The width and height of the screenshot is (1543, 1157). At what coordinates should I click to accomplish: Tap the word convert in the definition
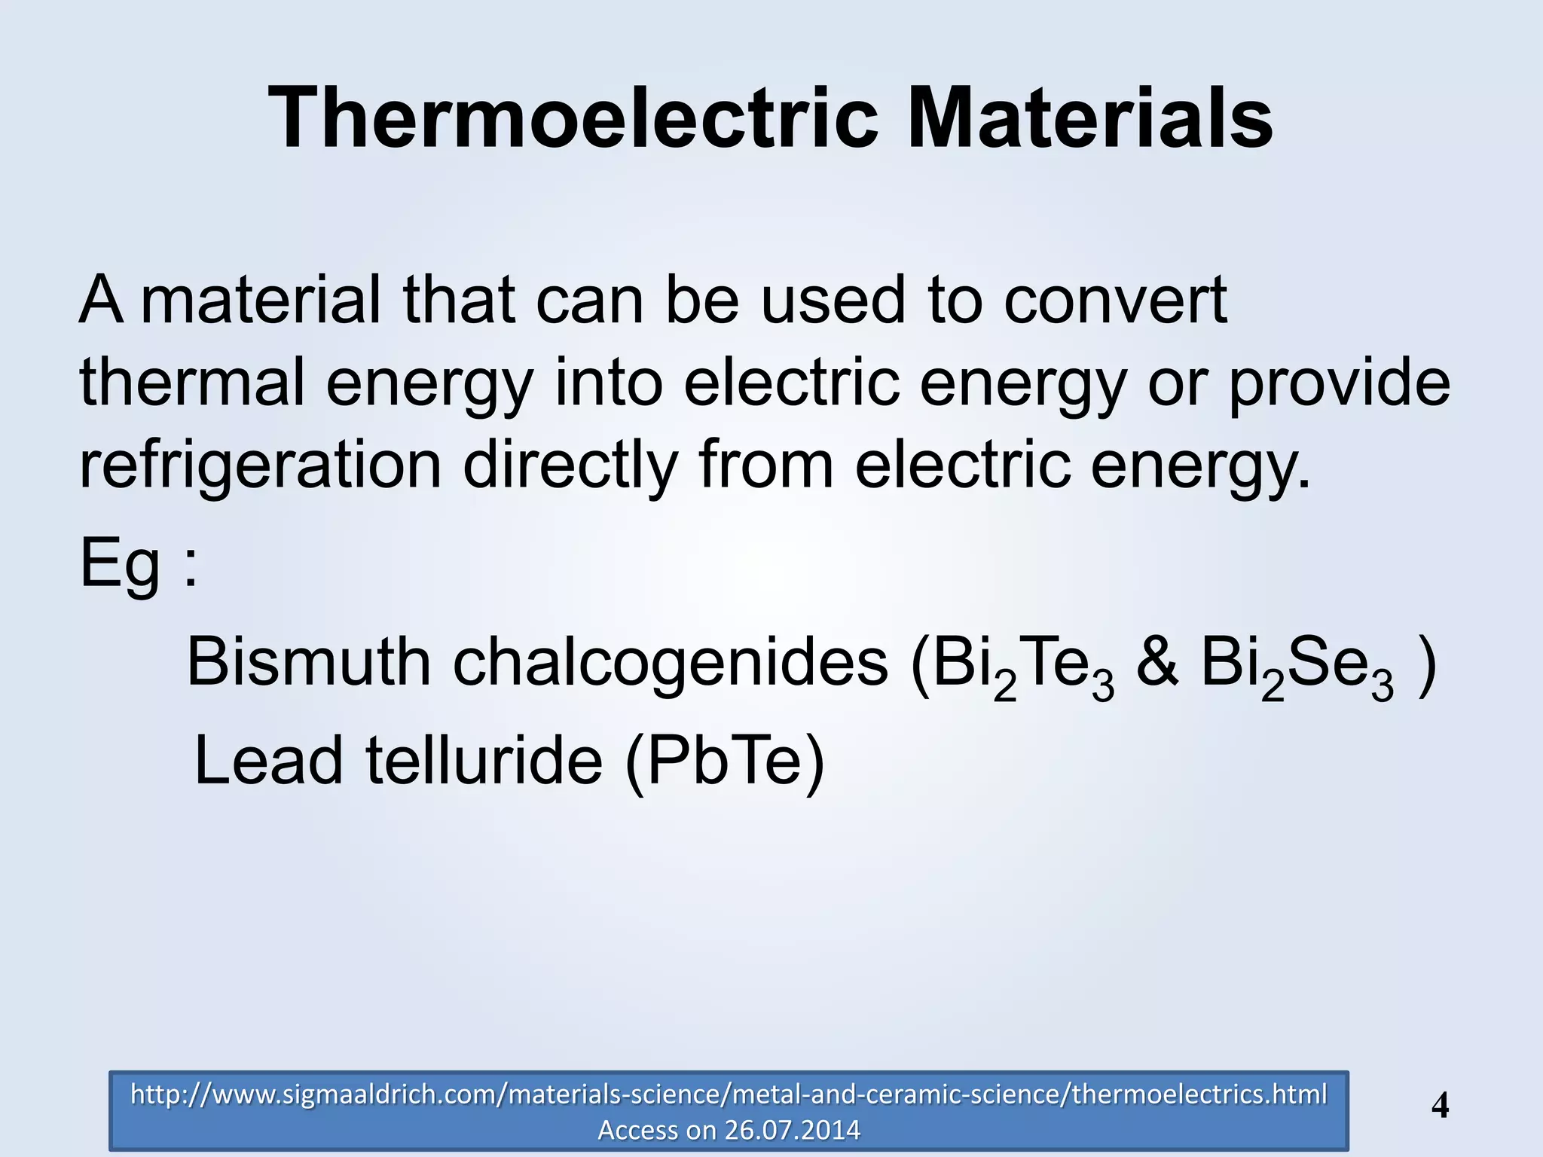(1115, 300)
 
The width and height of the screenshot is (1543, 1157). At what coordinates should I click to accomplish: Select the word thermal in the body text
(192, 381)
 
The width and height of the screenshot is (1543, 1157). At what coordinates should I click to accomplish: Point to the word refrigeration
(260, 465)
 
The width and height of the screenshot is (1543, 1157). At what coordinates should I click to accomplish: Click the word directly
(570, 465)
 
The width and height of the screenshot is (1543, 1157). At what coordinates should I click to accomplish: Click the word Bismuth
(308, 662)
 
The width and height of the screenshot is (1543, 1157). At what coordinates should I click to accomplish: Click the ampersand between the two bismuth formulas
(1156, 662)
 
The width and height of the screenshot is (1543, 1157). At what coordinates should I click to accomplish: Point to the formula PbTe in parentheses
(724, 761)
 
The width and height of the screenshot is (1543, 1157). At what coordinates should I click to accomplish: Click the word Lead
(268, 760)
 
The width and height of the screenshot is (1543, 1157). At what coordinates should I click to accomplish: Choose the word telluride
(484, 760)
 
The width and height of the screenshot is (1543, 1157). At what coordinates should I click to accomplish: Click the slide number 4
(1440, 1106)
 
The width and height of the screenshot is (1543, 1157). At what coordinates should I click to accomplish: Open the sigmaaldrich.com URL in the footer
(729, 1094)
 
